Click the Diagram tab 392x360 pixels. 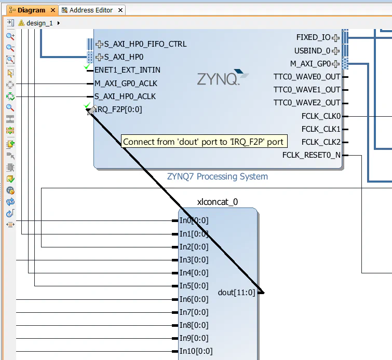coord(31,10)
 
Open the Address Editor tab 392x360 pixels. coord(91,10)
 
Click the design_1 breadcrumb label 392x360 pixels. coord(39,23)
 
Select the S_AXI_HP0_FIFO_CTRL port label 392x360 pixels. coord(145,44)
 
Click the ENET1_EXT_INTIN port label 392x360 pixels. coord(127,70)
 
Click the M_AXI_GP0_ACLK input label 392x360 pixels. coord(126,83)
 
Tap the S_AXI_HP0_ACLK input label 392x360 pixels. coord(125,96)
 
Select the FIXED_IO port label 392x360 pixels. coord(313,37)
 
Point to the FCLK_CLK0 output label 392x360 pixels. coord(321,116)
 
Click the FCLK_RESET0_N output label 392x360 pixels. coord(312,155)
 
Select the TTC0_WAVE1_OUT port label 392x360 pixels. coord(307,90)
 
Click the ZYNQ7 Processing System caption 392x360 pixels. coord(218,176)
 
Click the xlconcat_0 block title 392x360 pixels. coord(218,202)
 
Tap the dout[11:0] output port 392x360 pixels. coord(237,293)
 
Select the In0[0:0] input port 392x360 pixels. coord(194,220)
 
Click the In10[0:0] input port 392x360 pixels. coord(196,351)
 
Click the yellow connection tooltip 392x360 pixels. coord(204,142)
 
